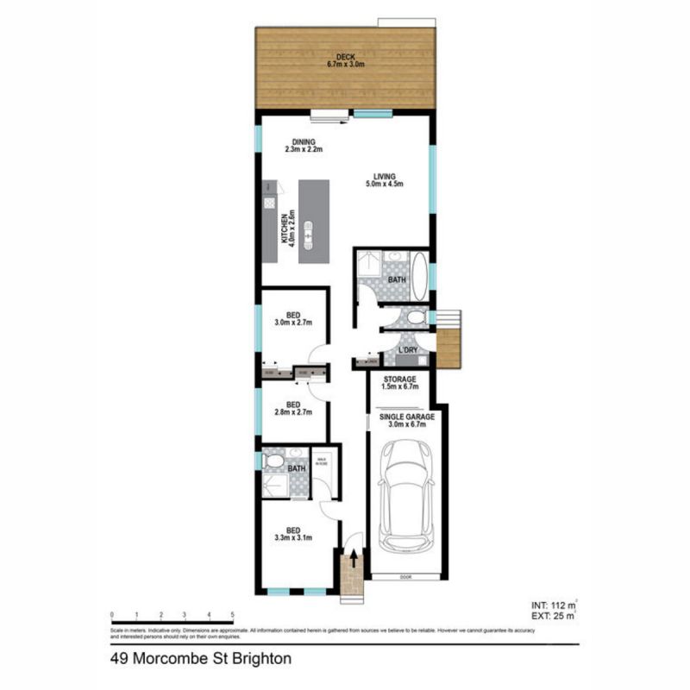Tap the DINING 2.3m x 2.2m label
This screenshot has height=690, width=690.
[x=304, y=146]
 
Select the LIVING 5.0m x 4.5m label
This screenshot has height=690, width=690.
[x=386, y=179]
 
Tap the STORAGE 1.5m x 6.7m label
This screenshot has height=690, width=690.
[x=400, y=383]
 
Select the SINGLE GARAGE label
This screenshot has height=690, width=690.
[x=408, y=420]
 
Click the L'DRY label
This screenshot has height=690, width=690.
[x=407, y=350]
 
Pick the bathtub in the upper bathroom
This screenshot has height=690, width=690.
[x=420, y=275]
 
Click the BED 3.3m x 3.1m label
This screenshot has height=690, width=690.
[x=293, y=533]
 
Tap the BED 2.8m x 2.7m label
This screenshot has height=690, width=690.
[x=293, y=409]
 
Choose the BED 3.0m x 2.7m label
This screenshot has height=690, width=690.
[x=293, y=318]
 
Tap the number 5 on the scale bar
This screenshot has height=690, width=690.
[x=233, y=615]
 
